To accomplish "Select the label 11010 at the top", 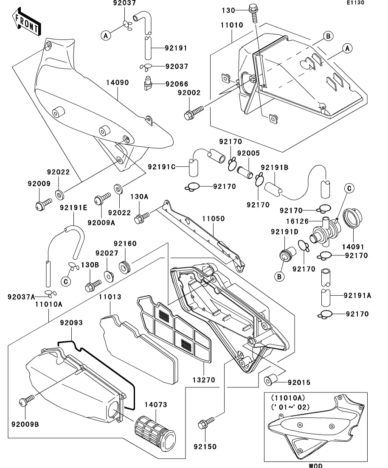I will click(x=231, y=25).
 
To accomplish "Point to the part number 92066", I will click(x=177, y=84).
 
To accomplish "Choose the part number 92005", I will click(x=248, y=153).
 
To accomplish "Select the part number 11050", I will click(x=213, y=219).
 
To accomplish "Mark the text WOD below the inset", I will click(x=315, y=465).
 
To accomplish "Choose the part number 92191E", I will click(x=73, y=207).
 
